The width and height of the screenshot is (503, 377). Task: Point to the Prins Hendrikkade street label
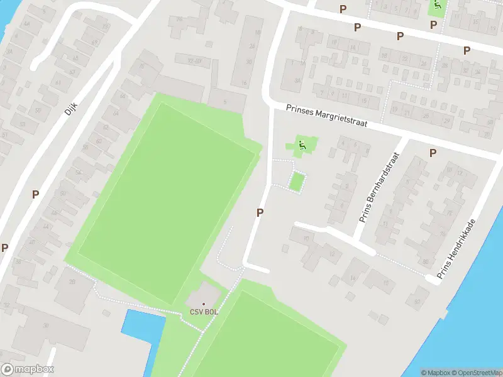(456, 249)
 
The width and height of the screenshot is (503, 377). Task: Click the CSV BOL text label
(203, 313)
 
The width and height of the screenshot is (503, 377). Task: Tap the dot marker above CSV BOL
(203, 304)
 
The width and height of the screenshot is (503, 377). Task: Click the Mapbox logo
(27, 369)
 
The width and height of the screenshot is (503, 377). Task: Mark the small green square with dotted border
(297, 182)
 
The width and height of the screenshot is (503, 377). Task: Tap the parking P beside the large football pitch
(259, 214)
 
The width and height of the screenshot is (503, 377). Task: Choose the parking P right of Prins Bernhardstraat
(433, 153)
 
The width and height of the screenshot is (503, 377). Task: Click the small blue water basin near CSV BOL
(142, 327)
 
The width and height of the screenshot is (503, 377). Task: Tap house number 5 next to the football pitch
(225, 101)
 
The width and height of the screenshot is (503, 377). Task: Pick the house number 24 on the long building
(252, 46)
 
